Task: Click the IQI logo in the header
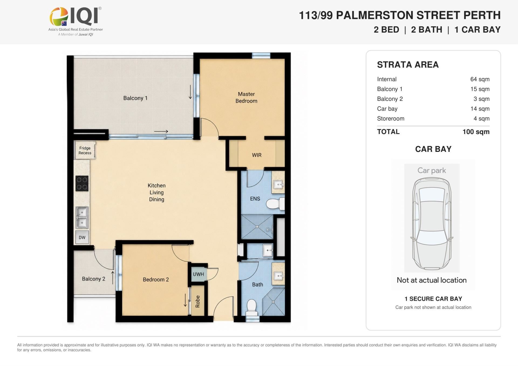76,21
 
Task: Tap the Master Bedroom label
246,97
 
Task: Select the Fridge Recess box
85,150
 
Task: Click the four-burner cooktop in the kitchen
82,183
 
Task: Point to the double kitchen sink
82,217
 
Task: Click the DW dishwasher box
82,237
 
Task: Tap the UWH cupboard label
198,274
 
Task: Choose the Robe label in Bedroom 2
197,301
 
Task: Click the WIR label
257,155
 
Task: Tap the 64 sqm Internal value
480,79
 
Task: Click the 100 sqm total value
476,132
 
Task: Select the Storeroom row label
391,119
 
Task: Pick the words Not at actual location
432,280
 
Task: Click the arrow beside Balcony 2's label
113,278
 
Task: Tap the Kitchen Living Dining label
156,192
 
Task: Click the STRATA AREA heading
408,65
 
